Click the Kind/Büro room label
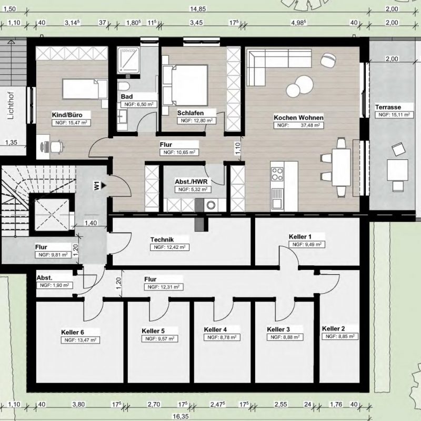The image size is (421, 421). pyautogui.click(x=67, y=115)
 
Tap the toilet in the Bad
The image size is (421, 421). pyautogui.click(x=124, y=86)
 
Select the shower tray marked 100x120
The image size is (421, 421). pyautogui.click(x=128, y=60)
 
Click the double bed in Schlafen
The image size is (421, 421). pyautogui.click(x=185, y=85)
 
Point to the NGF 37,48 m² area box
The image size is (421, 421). pyautogui.click(x=298, y=125)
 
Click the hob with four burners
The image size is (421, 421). pyautogui.click(x=277, y=174)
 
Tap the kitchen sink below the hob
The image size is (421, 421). pyautogui.click(x=277, y=198)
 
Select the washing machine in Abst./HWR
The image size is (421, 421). pyautogui.click(x=211, y=205)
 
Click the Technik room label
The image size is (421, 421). pyautogui.click(x=162, y=239)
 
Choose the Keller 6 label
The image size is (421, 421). pyautogui.click(x=73, y=333)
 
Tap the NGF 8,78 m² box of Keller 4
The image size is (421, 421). pyautogui.click(x=222, y=337)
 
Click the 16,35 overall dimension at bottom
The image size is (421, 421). pyautogui.click(x=181, y=416)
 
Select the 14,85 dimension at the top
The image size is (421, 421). pyautogui.click(x=198, y=9)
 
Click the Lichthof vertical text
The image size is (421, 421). pyautogui.click(x=11, y=106)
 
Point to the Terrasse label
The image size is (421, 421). pyautogui.click(x=388, y=107)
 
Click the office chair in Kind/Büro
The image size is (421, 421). pyautogui.click(x=56, y=147)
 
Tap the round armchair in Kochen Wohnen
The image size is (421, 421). pyautogui.click(x=328, y=60)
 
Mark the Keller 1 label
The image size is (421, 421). pyautogui.click(x=300, y=237)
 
